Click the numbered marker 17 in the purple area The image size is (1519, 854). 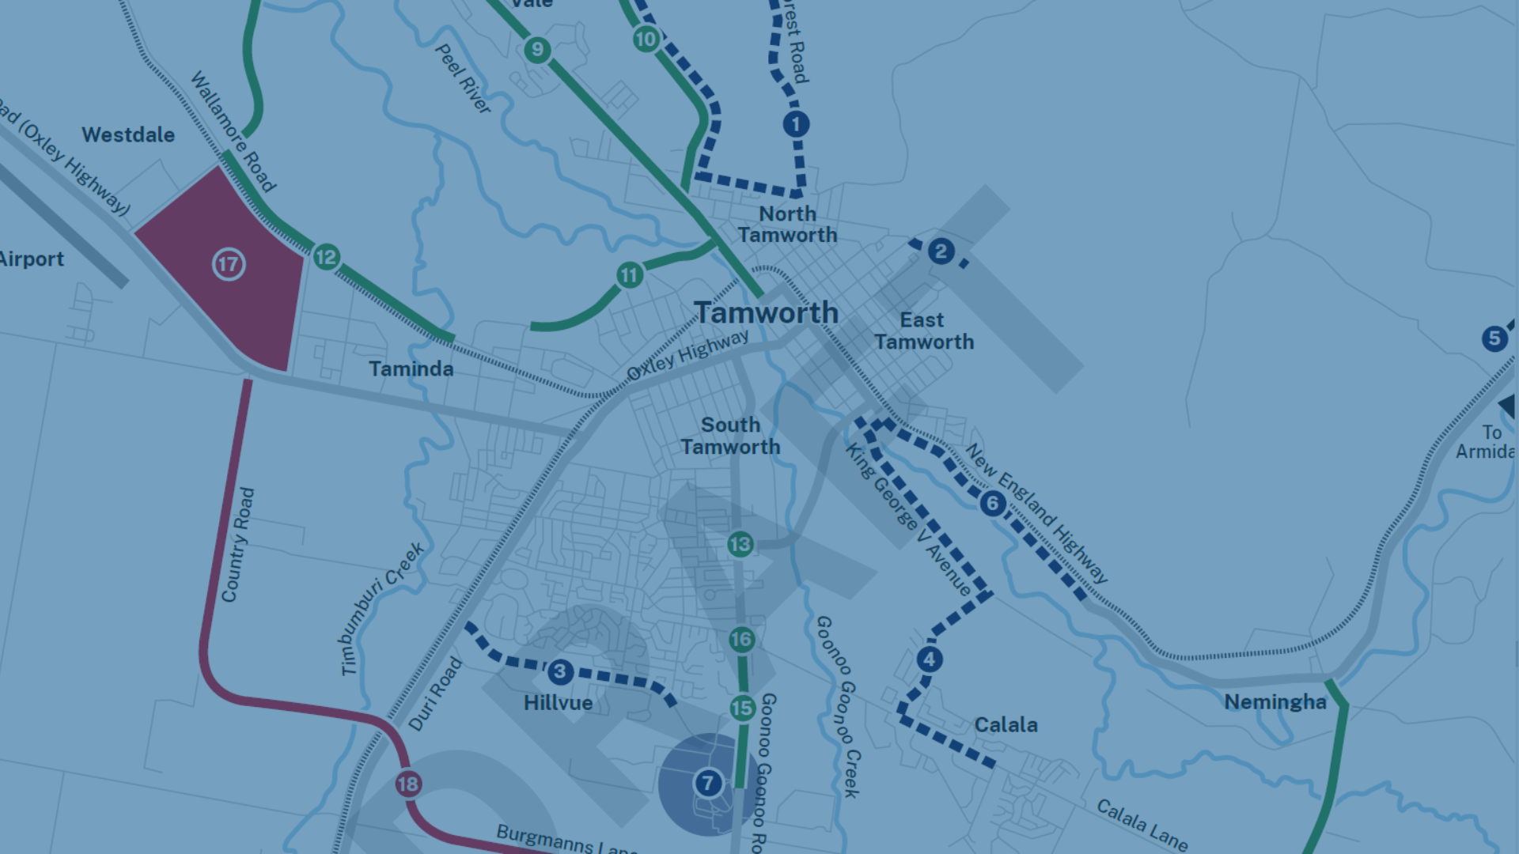coord(229,264)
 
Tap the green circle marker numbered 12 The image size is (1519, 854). coord(326,257)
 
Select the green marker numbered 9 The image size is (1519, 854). coord(537,50)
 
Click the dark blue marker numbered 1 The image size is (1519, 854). coord(796,124)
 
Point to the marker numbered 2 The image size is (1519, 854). coord(941,251)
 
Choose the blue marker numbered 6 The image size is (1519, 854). coord(993,503)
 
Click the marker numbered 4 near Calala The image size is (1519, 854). coord(930,659)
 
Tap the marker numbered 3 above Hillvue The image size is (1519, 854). coord(560,672)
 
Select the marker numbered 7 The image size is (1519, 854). coord(708,784)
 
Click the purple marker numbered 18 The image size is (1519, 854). coord(408,784)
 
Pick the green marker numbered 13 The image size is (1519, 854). coord(741,544)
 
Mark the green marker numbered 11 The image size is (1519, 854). coord(629,275)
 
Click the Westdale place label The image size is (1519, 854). coord(128,135)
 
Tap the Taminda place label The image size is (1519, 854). coord(411,369)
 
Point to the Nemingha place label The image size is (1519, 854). coord(1275,702)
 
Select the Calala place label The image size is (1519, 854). coord(1006,725)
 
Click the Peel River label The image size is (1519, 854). coord(464,79)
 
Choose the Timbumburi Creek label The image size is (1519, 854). coord(382,609)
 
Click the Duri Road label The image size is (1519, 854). coord(435,693)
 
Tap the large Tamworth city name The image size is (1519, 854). coord(766,312)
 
